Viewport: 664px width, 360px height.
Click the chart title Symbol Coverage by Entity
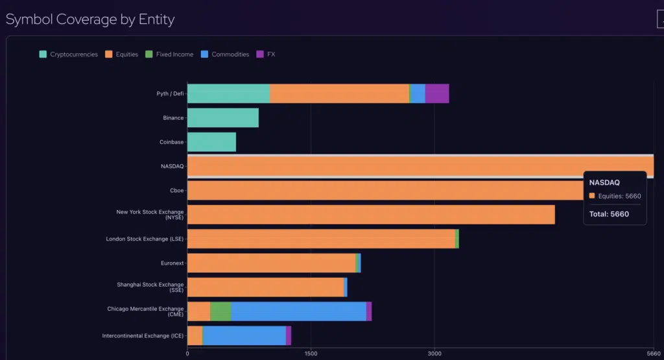(90, 19)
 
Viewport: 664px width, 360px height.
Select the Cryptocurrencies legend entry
(68, 54)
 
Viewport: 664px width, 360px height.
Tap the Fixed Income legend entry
(169, 54)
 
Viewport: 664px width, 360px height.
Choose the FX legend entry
(266, 54)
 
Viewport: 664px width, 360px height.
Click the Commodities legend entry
(225, 54)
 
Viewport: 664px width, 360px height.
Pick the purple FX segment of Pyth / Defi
(437, 93)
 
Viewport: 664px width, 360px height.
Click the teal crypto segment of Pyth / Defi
(229, 93)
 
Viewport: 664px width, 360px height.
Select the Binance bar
(223, 118)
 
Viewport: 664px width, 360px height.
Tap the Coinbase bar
(212, 142)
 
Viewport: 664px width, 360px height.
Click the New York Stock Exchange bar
(371, 215)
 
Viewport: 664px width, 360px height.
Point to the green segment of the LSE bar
(457, 239)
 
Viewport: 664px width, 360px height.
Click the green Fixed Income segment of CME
(220, 311)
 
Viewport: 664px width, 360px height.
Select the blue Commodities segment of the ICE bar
(244, 335)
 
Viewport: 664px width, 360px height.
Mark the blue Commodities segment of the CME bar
(298, 311)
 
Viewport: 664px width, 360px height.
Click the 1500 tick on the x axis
(311, 354)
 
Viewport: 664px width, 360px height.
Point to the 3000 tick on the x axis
(434, 354)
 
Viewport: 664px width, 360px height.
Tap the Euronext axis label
(172, 263)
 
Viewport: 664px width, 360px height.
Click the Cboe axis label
(177, 191)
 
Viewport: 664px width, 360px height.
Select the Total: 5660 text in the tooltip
(609, 214)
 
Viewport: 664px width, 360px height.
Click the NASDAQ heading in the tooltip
(604, 182)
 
